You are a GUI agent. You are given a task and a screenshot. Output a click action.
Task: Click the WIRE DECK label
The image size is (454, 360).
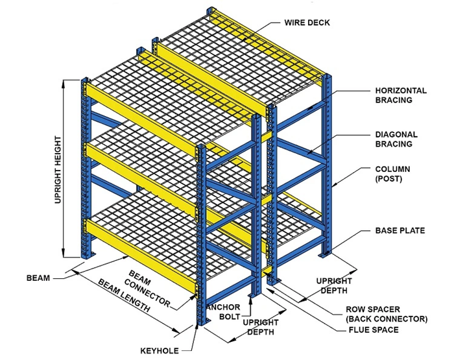(x=307, y=22)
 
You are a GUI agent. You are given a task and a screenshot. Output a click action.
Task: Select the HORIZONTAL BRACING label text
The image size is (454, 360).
(x=401, y=95)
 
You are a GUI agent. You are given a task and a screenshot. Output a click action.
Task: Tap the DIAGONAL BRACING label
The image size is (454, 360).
(x=396, y=139)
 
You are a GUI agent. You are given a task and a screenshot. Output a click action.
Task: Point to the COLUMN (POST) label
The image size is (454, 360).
(x=392, y=174)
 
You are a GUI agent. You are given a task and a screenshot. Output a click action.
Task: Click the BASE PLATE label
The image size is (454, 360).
(x=400, y=230)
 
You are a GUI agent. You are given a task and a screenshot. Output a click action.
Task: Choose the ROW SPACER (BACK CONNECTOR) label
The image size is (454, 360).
(x=386, y=314)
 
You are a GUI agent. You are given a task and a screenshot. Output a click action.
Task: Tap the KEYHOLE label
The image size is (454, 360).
(x=159, y=351)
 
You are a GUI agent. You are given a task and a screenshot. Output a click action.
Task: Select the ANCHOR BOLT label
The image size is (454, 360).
(x=223, y=311)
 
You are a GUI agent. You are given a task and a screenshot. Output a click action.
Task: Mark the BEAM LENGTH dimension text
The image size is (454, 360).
(x=124, y=296)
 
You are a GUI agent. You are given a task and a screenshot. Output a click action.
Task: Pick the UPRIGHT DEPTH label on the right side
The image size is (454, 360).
(x=333, y=285)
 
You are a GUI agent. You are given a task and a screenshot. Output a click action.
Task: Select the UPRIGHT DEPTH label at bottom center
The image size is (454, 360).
(x=260, y=327)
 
